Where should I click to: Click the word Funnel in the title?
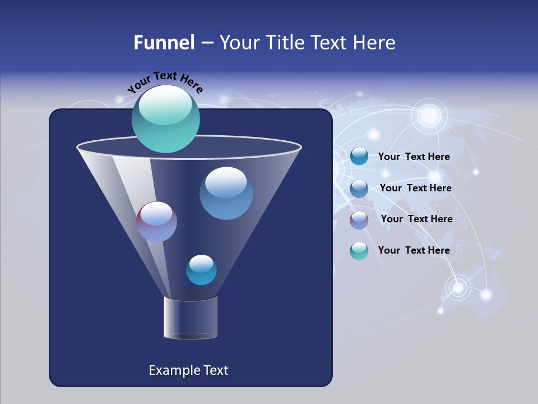pos(164,43)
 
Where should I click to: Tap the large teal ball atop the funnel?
pos(165,118)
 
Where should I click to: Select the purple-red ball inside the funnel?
pos(156,222)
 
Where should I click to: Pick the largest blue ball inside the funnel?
pos(226,193)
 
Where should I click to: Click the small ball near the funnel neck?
pos(201,270)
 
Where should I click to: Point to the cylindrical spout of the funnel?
pos(191,318)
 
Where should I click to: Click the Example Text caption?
pos(188,370)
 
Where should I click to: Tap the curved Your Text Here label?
pos(165,82)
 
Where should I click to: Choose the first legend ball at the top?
pos(359,157)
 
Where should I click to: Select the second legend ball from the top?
pos(359,189)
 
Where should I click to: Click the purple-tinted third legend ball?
pos(359,220)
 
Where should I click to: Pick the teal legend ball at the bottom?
pos(359,251)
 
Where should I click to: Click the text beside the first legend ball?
pos(414,157)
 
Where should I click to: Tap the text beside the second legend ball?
pos(415,189)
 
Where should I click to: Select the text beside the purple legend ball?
pos(416,219)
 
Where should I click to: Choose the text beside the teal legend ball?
pos(414,250)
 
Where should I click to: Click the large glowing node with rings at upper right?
pos(430,116)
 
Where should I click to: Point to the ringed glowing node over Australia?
pos(458,287)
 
